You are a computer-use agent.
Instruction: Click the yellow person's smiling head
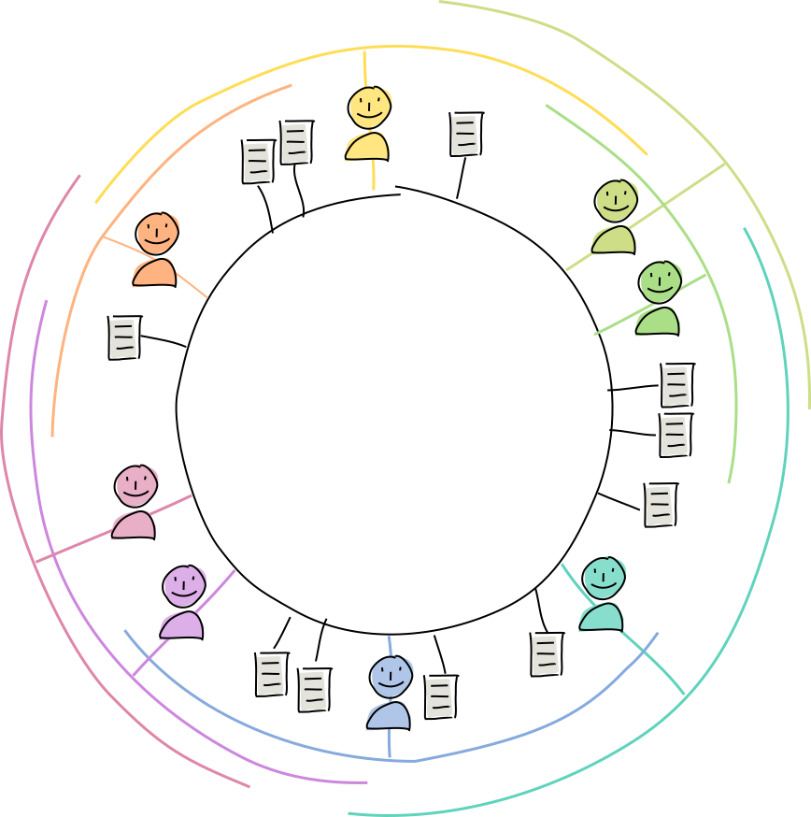tap(370, 107)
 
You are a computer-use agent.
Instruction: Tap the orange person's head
tap(157, 233)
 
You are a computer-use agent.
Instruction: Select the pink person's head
tap(135, 486)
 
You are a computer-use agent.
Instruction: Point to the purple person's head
tap(184, 586)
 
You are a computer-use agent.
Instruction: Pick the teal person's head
tap(604, 579)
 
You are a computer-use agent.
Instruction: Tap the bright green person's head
tap(660, 281)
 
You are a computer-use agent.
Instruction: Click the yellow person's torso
tap(367, 147)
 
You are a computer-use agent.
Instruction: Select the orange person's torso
tap(154, 272)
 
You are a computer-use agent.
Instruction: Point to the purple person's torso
tap(181, 625)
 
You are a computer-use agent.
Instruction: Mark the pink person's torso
tap(134, 525)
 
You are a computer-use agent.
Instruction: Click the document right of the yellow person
tap(464, 135)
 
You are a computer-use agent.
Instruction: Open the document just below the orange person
tap(122, 337)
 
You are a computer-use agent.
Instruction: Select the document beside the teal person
tap(545, 654)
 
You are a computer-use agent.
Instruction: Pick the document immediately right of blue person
tap(438, 697)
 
